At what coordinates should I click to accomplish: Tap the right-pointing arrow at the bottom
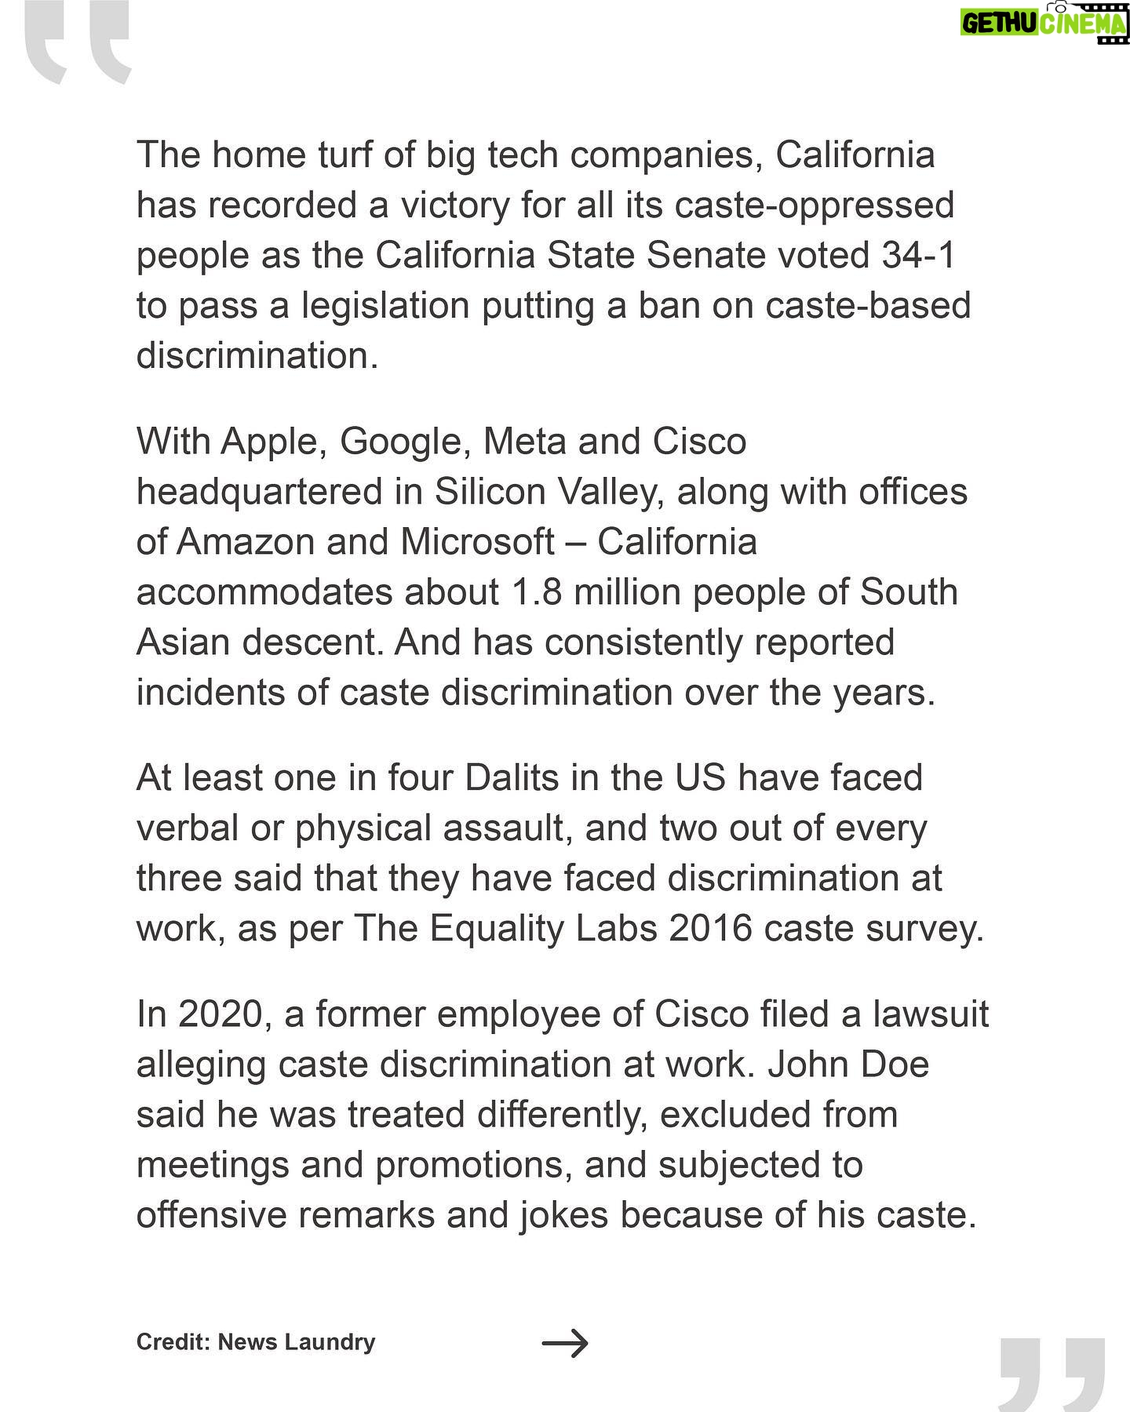point(565,1342)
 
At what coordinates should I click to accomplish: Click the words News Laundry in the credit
point(297,1342)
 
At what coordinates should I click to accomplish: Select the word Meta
point(524,442)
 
